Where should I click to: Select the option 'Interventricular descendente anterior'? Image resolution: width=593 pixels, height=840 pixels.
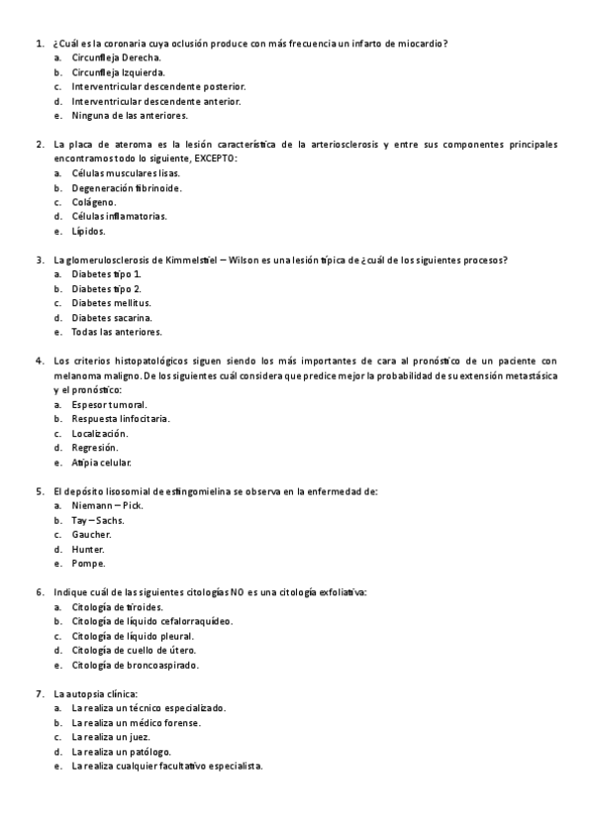point(149,101)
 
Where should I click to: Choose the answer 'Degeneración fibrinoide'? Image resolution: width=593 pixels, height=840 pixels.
point(126,187)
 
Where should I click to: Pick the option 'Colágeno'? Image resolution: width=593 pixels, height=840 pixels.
point(93,202)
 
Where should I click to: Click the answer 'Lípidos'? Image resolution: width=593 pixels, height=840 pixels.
point(88,231)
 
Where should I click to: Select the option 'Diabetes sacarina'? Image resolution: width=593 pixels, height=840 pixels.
point(111,317)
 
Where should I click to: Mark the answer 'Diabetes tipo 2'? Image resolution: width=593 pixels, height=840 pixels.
point(107,288)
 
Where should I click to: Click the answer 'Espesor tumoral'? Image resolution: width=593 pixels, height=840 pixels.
point(109,405)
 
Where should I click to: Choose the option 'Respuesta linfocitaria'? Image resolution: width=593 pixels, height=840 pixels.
point(120,419)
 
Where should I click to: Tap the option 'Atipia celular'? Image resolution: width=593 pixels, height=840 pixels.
point(101,463)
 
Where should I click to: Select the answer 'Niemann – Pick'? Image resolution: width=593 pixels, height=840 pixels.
point(107,505)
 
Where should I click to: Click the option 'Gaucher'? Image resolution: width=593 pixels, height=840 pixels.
point(91,534)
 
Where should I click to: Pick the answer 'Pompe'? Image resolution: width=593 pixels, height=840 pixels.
point(87,563)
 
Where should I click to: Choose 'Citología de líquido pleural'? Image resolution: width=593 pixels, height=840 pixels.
point(132,636)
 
